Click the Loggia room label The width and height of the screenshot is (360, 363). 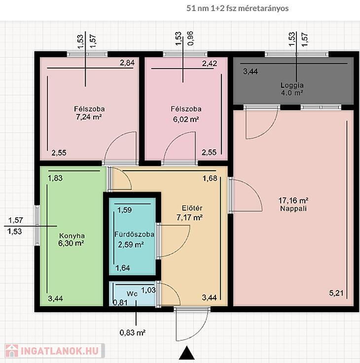click(292, 85)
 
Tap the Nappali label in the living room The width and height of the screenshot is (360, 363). click(293, 209)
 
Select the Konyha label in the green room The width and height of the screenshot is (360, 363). click(72, 236)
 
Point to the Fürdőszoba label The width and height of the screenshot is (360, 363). click(134, 234)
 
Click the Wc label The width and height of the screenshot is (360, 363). click(132, 294)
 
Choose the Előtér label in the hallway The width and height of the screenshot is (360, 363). click(192, 208)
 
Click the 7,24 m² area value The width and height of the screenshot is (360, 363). click(89, 117)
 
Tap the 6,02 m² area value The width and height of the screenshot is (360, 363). click(186, 119)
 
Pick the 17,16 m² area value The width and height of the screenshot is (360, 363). click(293, 200)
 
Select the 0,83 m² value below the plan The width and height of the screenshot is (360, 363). click(133, 333)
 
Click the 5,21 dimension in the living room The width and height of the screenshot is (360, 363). click(336, 293)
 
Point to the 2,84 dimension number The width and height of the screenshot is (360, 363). click(127, 63)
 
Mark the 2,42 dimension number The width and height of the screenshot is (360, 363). click(210, 63)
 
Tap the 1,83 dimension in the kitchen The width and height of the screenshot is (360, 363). click(55, 178)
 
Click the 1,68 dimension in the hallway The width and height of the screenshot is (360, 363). click(210, 178)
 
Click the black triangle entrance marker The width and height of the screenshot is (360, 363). click(186, 353)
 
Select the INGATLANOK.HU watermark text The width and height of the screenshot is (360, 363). click(60, 351)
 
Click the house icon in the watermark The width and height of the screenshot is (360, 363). click(12, 351)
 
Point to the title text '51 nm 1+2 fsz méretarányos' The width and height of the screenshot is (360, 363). click(238, 8)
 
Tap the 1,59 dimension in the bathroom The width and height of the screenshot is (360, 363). click(125, 210)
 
